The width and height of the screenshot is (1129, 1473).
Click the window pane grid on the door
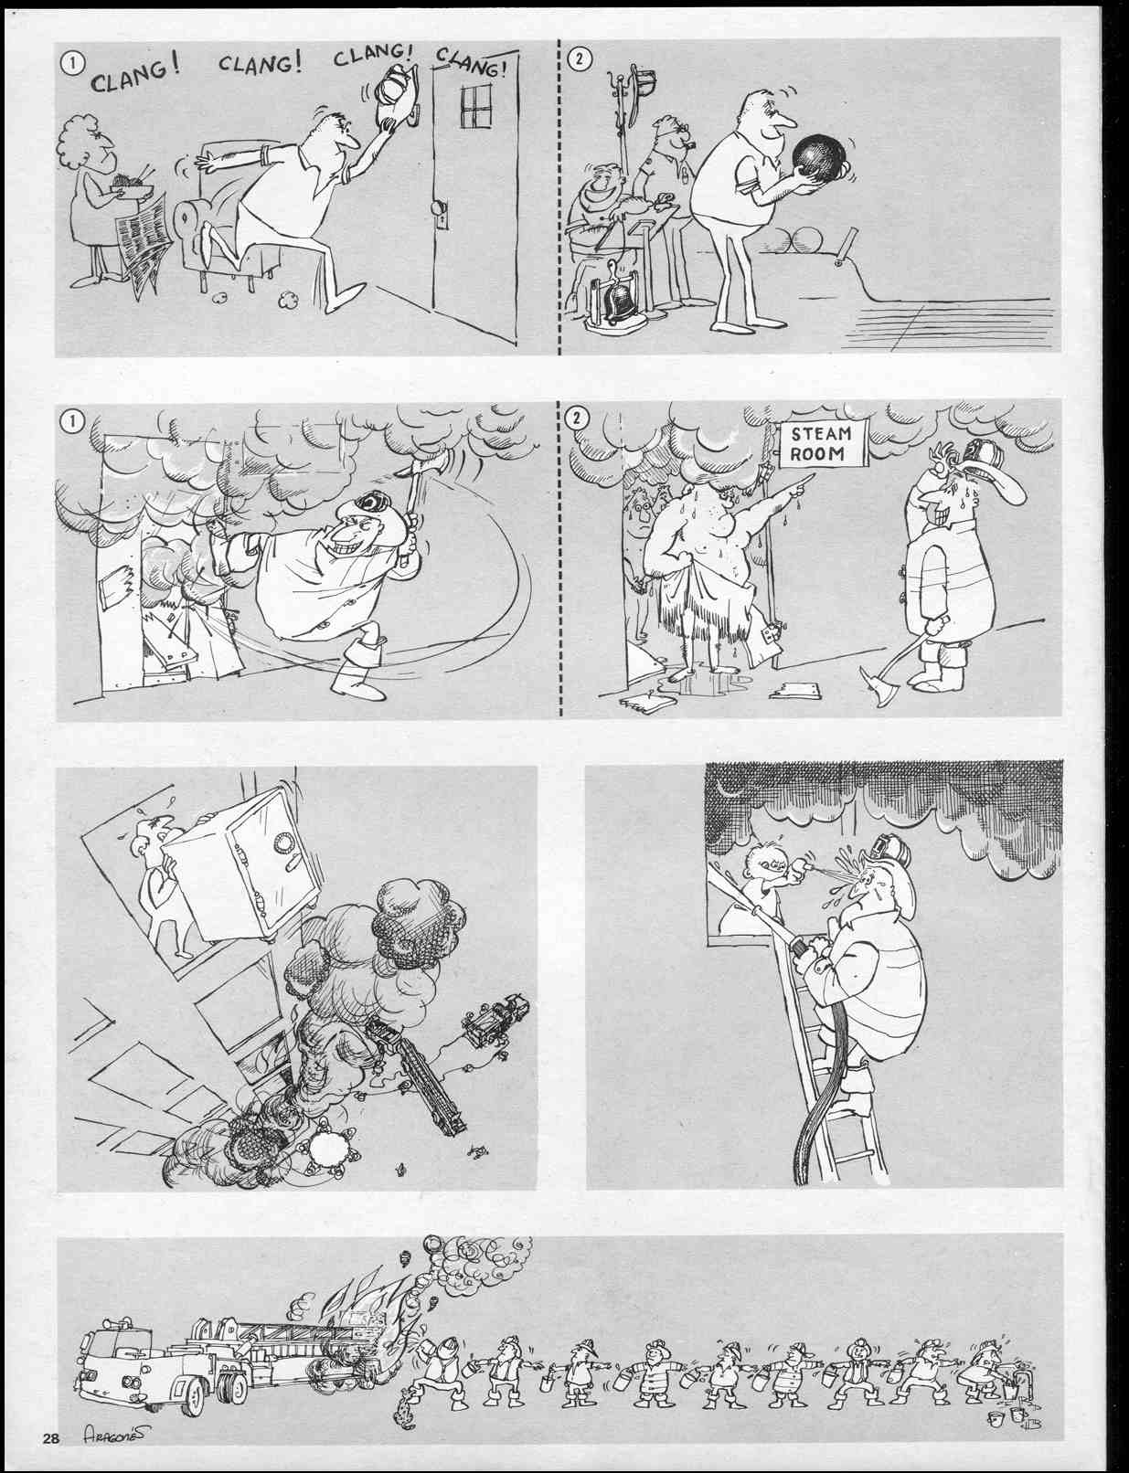tap(476, 105)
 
